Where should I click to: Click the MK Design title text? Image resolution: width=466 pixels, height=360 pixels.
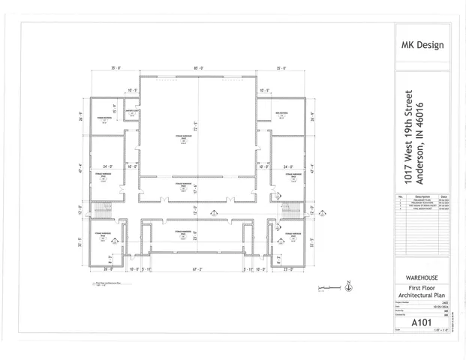423,44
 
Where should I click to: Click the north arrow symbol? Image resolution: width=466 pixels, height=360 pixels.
349,286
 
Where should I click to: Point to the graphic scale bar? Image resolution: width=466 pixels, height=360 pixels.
327,288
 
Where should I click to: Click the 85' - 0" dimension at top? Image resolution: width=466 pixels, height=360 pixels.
198,68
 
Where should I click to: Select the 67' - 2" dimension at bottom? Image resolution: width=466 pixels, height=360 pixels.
199,268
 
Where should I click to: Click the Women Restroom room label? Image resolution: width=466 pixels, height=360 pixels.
104,118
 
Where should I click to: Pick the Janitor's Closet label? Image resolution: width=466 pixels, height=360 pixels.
131,112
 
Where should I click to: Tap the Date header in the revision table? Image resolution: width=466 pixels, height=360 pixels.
442,196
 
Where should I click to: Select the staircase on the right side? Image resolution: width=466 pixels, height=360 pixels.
291,210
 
